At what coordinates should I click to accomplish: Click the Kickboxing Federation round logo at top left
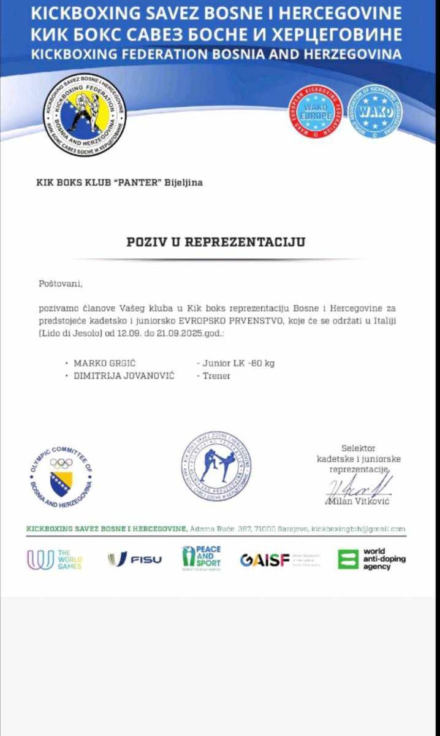pyautogui.click(x=84, y=115)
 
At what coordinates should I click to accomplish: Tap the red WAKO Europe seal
pyautogui.click(x=315, y=111)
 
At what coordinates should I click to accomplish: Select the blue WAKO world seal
pyautogui.click(x=375, y=111)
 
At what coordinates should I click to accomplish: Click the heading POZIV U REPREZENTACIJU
pyautogui.click(x=216, y=241)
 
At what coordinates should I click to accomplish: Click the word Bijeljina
pyautogui.click(x=183, y=182)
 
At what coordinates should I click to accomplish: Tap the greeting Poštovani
pyautogui.click(x=59, y=283)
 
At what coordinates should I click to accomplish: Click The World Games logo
pyautogui.click(x=54, y=559)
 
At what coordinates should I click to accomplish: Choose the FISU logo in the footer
pyautogui.click(x=135, y=559)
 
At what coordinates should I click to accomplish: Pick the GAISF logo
pyautogui.click(x=265, y=560)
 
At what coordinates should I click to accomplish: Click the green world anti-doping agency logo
pyautogui.click(x=372, y=559)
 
